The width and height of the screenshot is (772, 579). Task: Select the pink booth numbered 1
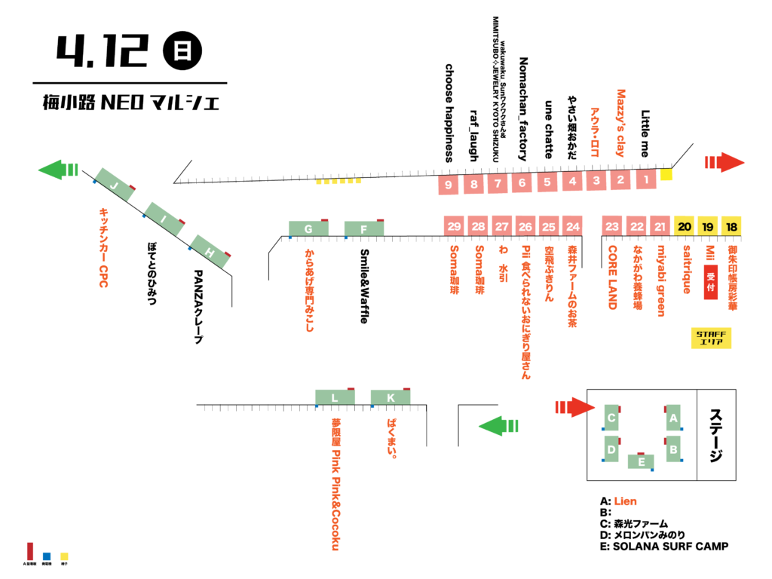pos(646,180)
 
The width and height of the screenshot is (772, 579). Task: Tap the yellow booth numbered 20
pos(685,225)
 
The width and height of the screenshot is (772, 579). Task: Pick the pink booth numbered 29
pos(454,226)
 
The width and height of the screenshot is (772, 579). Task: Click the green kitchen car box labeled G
pos(308,228)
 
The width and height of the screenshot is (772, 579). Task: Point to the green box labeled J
pos(115,185)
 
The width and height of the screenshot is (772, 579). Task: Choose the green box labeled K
pos(390,397)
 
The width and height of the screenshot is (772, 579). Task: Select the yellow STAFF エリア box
pos(712,339)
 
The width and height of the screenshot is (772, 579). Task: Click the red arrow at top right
pos(724,162)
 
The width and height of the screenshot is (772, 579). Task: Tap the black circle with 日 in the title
pos(182,51)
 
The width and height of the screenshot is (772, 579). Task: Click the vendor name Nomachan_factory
pos(522,109)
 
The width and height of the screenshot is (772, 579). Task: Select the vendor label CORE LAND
pos(612,277)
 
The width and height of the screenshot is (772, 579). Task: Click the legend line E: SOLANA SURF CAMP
pos(664,546)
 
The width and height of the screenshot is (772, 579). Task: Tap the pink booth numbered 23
pos(612,225)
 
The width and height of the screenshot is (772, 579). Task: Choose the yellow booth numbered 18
pos(731,225)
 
